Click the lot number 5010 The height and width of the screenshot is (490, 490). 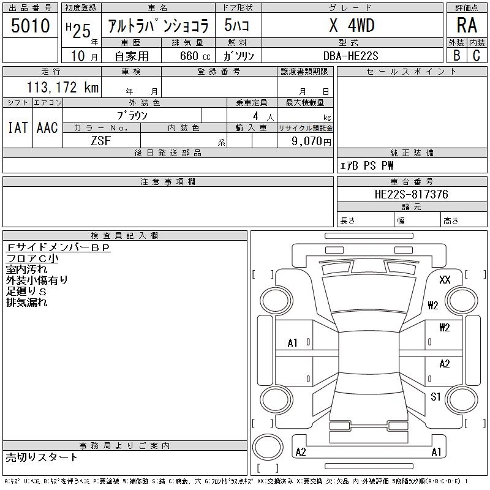(30, 26)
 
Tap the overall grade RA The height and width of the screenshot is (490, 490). (467, 26)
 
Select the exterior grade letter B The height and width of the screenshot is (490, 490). (456, 55)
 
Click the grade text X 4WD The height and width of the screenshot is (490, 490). (352, 26)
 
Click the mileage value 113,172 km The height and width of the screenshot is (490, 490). (62, 88)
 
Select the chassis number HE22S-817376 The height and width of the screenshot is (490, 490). (411, 194)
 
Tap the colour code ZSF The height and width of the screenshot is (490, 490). (101, 141)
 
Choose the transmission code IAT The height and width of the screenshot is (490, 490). (18, 127)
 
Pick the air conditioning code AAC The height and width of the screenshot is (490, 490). (47, 127)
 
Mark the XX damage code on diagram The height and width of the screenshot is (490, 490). (445, 280)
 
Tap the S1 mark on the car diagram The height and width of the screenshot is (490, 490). (435, 397)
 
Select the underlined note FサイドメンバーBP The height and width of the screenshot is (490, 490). (58, 247)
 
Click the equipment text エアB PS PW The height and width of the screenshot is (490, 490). (367, 165)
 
